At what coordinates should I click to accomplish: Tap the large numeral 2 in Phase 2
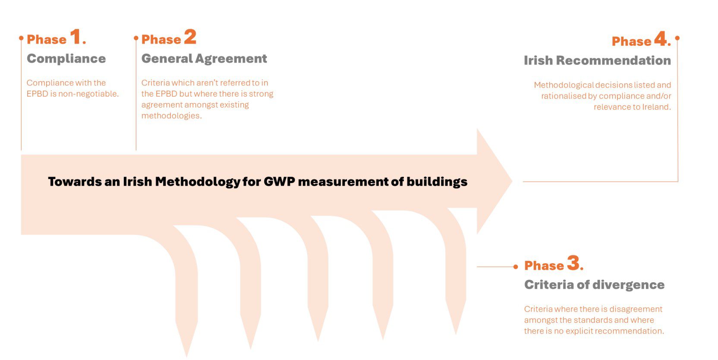[190, 36]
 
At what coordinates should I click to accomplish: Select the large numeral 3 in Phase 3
[573, 263]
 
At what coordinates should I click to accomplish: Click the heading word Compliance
[66, 59]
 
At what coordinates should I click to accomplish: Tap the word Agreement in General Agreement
[231, 59]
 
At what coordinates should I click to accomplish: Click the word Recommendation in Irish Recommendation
[614, 60]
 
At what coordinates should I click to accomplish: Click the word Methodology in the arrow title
[198, 182]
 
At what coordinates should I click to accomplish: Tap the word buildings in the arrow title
[437, 182]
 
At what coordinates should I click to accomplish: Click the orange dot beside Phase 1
[22, 38]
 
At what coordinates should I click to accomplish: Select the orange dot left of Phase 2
[136, 38]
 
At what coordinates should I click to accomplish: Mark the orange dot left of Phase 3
[516, 267]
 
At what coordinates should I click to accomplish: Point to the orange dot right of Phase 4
[677, 38]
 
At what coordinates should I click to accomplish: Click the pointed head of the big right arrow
[512, 181]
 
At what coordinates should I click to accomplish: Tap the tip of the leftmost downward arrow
[186, 357]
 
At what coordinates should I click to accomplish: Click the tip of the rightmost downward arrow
[456, 335]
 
